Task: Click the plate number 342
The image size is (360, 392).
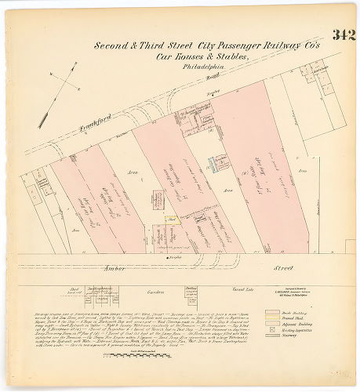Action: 343,34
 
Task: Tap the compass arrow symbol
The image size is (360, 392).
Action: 64,85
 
